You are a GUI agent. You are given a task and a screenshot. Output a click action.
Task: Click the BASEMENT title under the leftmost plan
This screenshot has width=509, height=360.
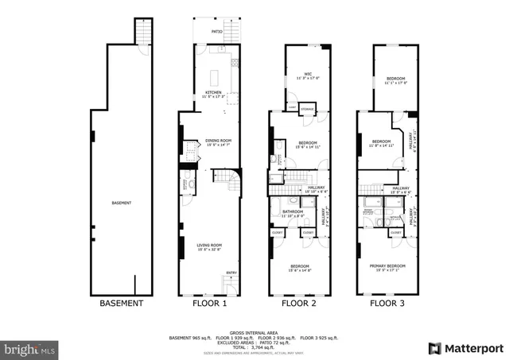[x=121, y=303]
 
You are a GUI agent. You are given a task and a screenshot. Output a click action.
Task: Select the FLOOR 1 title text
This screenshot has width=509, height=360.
[x=210, y=303]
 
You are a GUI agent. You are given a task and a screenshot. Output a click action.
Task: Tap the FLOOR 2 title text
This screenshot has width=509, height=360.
[x=299, y=303]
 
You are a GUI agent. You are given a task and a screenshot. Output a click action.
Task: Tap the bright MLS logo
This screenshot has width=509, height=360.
[x=30, y=348]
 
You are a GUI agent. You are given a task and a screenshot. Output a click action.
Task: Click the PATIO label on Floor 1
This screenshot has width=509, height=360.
[x=216, y=33]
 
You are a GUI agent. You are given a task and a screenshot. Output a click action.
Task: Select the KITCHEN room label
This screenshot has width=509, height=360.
[x=213, y=93]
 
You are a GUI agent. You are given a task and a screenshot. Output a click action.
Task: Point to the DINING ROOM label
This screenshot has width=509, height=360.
[x=217, y=141]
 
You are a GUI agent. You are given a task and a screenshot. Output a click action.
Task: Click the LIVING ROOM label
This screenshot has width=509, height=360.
[x=209, y=245]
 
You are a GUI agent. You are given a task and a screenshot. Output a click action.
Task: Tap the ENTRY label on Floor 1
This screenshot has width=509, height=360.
[x=231, y=273]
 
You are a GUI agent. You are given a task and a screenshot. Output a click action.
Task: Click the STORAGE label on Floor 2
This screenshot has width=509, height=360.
[x=307, y=108]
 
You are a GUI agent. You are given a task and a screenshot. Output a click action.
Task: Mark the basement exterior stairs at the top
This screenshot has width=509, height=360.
[x=142, y=32]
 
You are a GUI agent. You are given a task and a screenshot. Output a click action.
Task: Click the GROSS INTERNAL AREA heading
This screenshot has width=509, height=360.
[x=254, y=332]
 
